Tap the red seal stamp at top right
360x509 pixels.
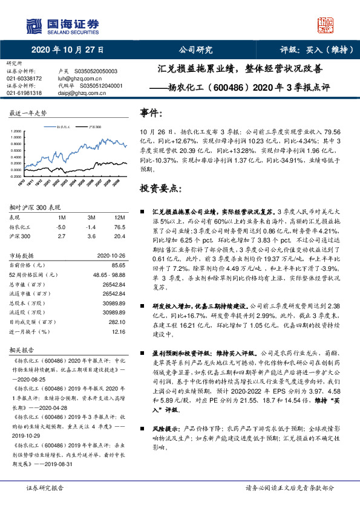pos(327,25)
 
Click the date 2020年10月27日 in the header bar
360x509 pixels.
pos(67,50)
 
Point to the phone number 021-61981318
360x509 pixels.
pos(24,93)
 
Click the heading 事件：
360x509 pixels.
pos(151,113)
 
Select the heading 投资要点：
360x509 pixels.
pos(160,188)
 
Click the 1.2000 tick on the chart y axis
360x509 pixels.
pos(15,131)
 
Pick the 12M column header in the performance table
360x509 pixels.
pos(119,217)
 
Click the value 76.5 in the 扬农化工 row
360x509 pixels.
pos(119,226)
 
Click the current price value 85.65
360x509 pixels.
pos(118,265)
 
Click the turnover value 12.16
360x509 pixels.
pos(119,331)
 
